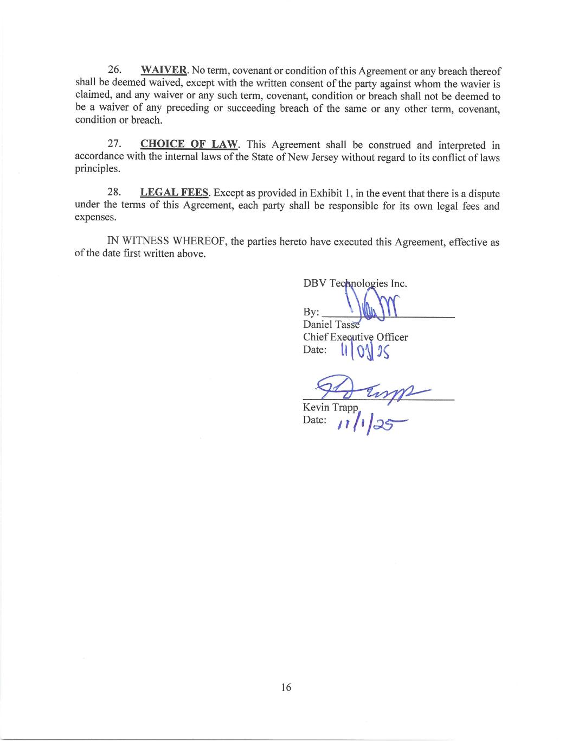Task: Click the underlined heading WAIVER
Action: pyautogui.click(x=164, y=71)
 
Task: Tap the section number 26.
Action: pyautogui.click(x=114, y=71)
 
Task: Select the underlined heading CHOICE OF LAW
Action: pyautogui.click(x=189, y=144)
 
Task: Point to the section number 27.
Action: pyautogui.click(x=114, y=144)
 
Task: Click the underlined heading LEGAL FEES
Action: pyautogui.click(x=174, y=193)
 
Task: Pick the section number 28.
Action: pyautogui.click(x=114, y=193)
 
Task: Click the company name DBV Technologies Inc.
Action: pyautogui.click(x=355, y=283)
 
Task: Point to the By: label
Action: pyautogui.click(x=311, y=313)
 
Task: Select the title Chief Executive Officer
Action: pyautogui.click(x=355, y=337)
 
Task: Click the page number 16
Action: pyautogui.click(x=286, y=687)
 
